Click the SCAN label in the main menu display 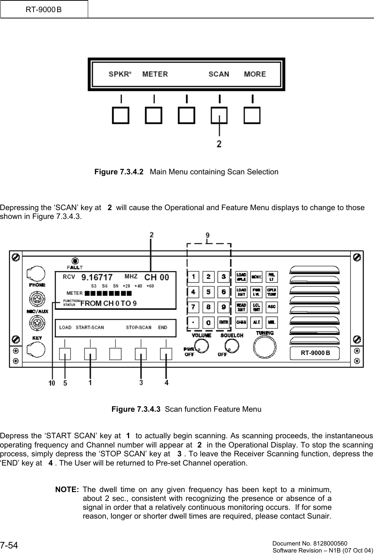[x=219, y=74]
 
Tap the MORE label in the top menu [x=255, y=74]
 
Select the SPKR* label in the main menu [x=120, y=74]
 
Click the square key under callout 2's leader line [x=219, y=115]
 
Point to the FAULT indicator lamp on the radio [x=75, y=259]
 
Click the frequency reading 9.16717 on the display [x=97, y=276]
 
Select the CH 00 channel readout [x=156, y=277]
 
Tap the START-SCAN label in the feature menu [x=90, y=327]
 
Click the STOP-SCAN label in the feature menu [x=138, y=327]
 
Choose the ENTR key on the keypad [x=223, y=322]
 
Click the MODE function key [x=257, y=276]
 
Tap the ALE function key [x=257, y=322]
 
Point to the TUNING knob [x=265, y=347]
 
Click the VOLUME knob [x=202, y=346]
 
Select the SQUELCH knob [x=232, y=346]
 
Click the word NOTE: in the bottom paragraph [x=67, y=490]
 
